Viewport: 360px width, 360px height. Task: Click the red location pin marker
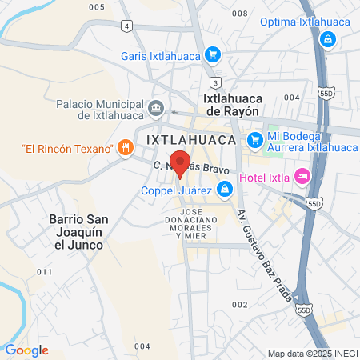pos(180,162)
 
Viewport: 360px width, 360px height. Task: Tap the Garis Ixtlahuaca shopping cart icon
pos(212,55)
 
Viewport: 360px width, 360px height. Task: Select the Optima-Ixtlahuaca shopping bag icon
pos(326,38)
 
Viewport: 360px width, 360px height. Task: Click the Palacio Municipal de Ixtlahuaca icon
pos(156,107)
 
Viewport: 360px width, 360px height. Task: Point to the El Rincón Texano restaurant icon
pos(125,147)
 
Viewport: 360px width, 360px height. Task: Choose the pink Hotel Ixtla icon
pos(302,175)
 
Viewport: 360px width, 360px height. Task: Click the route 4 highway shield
pos(126,26)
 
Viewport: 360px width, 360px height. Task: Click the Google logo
pos(26,350)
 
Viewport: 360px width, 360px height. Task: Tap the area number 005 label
pos(97,6)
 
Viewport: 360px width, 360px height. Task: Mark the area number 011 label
pos(45,272)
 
